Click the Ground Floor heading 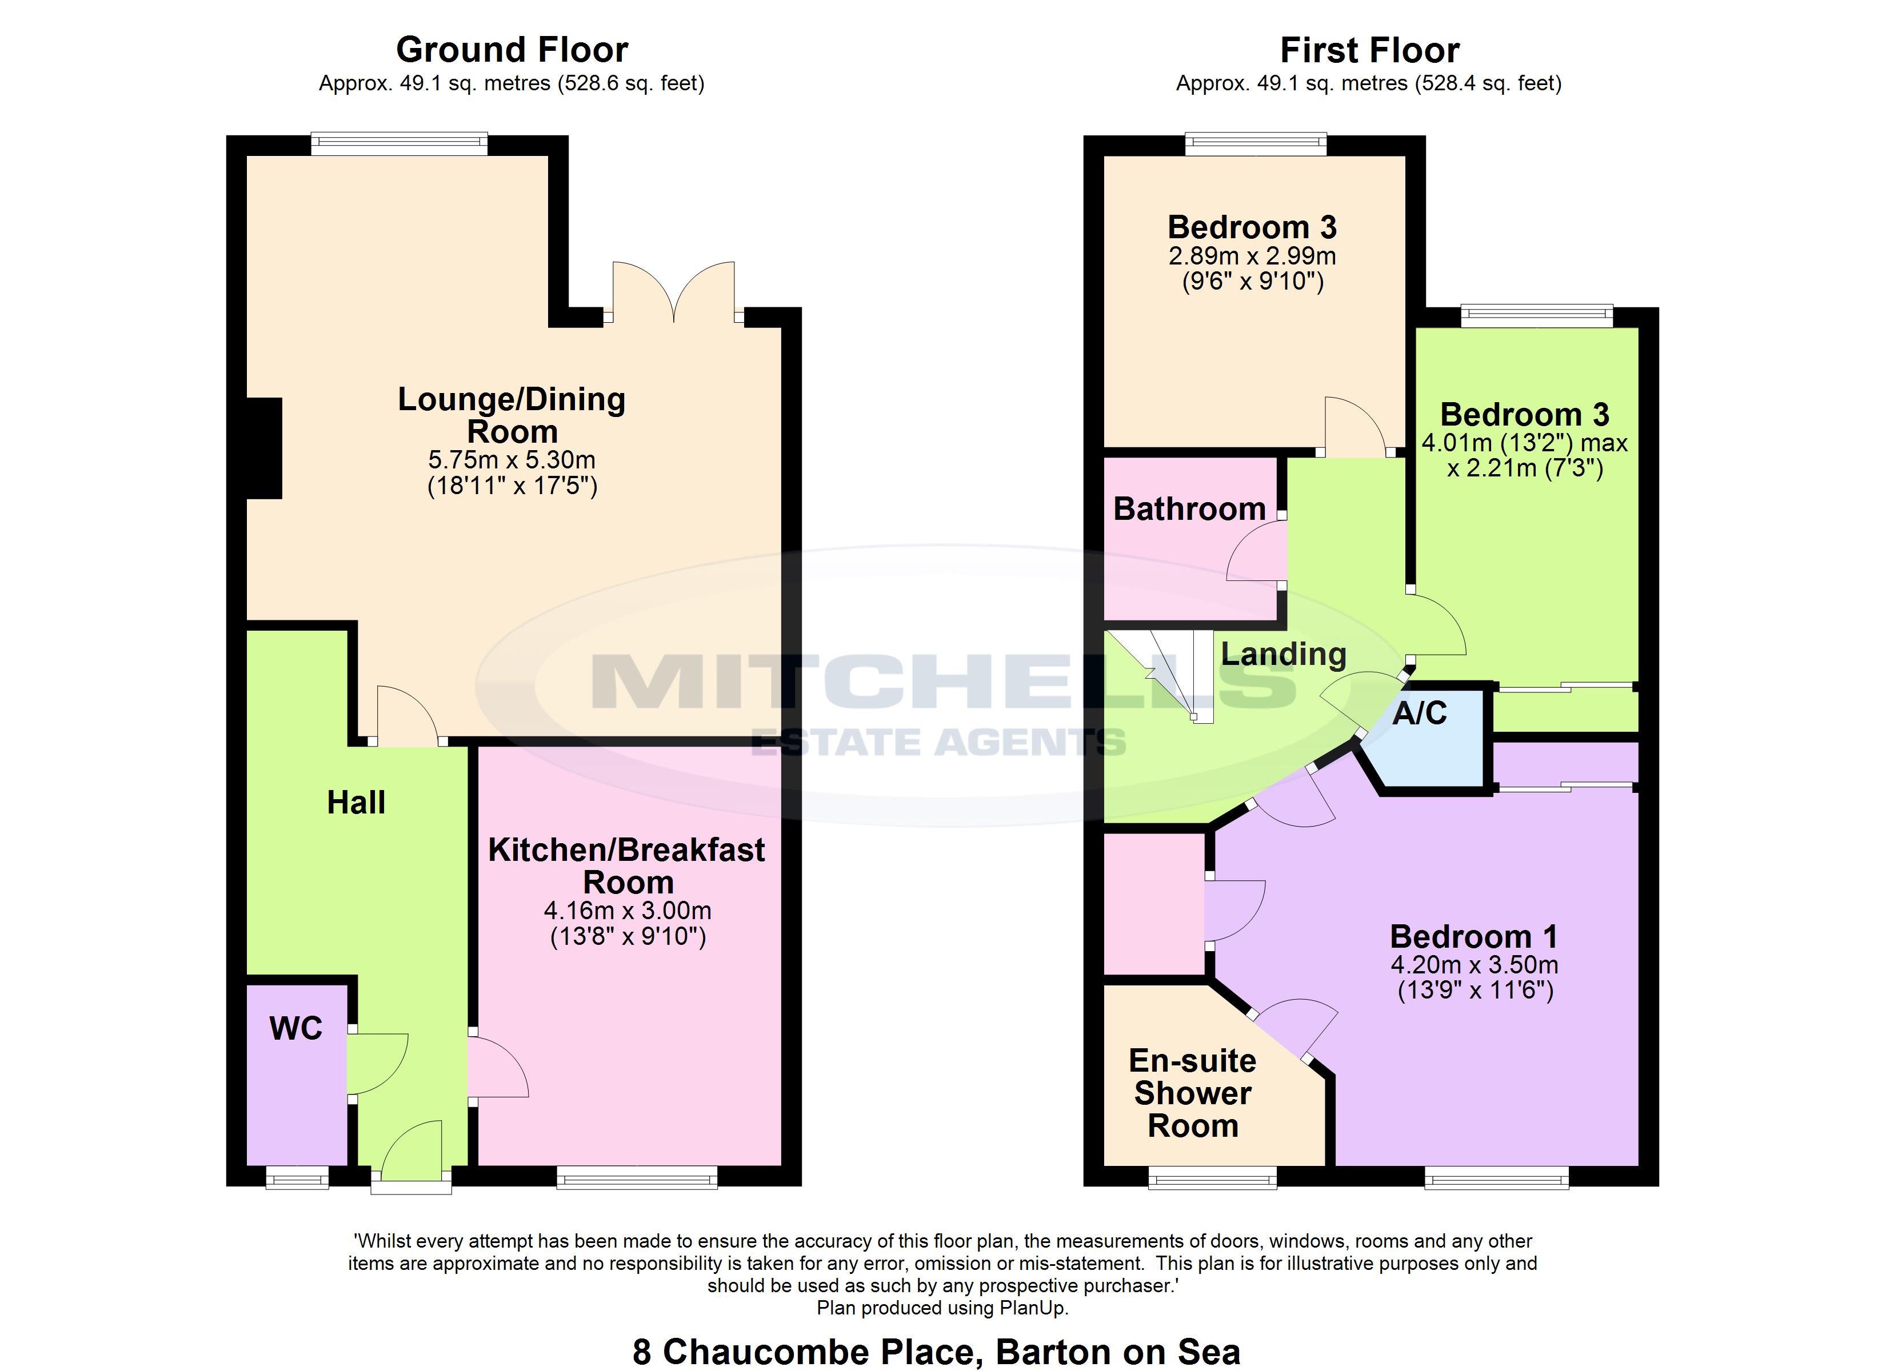(512, 50)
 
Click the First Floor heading (1369, 50)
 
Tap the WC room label (296, 1029)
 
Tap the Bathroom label (1189, 509)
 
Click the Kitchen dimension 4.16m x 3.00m (628, 911)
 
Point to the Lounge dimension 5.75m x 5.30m (512, 460)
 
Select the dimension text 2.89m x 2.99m (1252, 256)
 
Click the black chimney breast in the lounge (265, 449)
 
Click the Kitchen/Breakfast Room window (637, 1177)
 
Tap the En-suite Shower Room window (1212, 1177)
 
